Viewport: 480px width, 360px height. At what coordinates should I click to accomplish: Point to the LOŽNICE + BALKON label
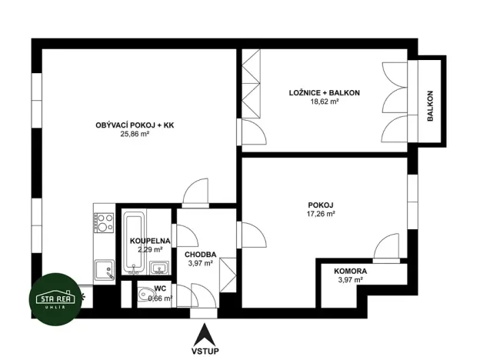tap(324, 92)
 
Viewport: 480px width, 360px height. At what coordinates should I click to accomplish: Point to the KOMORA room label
tap(350, 272)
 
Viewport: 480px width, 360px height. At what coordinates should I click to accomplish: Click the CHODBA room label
tap(200, 255)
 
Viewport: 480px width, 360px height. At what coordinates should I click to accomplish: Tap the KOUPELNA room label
tap(149, 241)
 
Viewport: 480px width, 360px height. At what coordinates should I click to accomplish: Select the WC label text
tap(160, 289)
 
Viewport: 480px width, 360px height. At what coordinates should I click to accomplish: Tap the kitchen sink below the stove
tap(104, 269)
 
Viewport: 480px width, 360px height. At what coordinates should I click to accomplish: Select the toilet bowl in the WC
tap(144, 296)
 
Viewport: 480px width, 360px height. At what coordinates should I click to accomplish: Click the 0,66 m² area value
tap(160, 298)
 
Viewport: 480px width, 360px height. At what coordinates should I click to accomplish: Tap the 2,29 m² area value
tap(149, 249)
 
